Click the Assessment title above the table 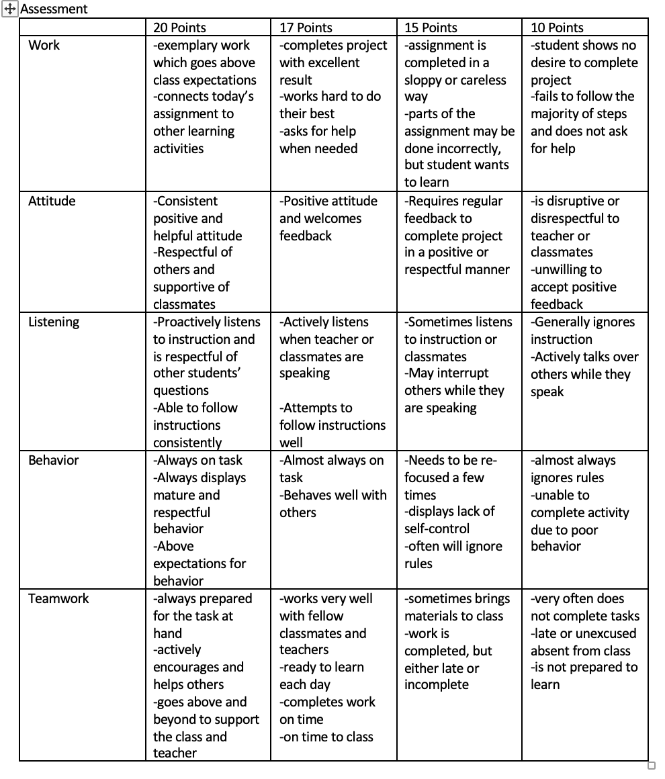[54, 9]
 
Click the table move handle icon [9, 9]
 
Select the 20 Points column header [179, 28]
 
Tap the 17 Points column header [306, 28]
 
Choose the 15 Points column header [431, 28]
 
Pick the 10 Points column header [557, 28]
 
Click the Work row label [44, 45]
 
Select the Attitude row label [52, 201]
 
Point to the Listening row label [54, 322]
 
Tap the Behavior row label [53, 460]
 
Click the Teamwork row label [58, 598]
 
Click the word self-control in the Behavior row [437, 529]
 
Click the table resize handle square [651, 766]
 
